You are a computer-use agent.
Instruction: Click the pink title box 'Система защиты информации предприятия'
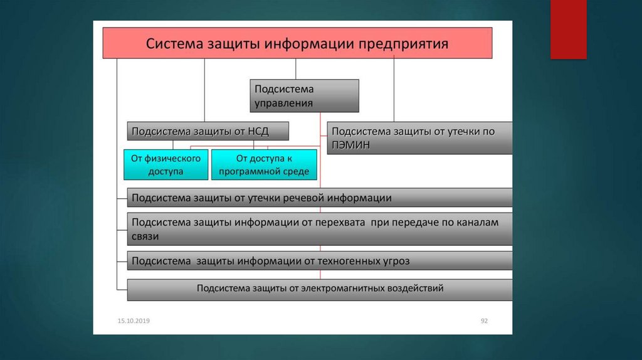click(297, 43)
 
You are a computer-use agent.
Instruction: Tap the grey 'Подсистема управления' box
click(305, 96)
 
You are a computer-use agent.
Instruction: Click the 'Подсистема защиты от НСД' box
click(208, 131)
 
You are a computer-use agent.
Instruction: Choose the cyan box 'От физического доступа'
click(166, 165)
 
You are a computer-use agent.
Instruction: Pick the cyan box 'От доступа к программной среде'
click(264, 165)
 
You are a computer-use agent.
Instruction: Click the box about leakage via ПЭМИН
click(419, 138)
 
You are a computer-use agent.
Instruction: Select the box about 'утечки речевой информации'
click(319, 198)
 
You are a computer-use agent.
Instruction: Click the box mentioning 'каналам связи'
click(319, 229)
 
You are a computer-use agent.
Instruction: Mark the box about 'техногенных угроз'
click(319, 260)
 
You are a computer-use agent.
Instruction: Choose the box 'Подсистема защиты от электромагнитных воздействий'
click(319, 289)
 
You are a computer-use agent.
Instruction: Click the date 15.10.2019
click(134, 321)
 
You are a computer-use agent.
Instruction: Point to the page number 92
click(484, 321)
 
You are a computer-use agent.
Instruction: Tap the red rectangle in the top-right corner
click(568, 29)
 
